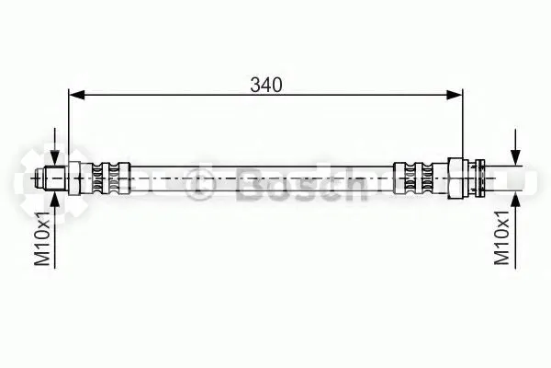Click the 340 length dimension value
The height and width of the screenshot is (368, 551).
(266, 85)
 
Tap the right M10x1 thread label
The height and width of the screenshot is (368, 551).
(502, 237)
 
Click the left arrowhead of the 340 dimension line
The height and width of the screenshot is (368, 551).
(77, 95)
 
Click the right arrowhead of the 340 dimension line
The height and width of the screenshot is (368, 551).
(455, 95)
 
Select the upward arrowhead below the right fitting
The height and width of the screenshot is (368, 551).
(515, 201)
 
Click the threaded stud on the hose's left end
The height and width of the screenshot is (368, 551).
(55, 178)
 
